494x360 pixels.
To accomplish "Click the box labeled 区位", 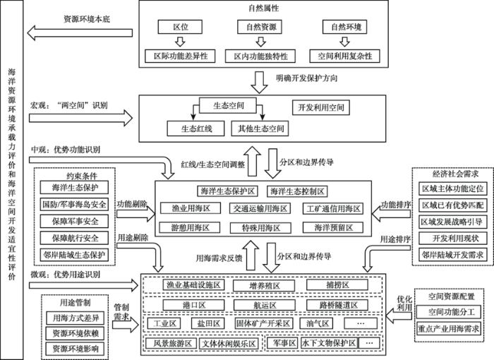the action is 180,27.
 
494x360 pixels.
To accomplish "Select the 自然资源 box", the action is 260,27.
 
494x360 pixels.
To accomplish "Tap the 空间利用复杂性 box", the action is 344,56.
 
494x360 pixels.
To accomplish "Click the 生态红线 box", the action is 195,128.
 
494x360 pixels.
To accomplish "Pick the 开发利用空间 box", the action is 320,107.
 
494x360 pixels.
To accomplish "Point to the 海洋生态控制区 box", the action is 297,191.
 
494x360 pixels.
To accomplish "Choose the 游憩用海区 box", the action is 190,227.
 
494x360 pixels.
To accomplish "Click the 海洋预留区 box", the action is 333,227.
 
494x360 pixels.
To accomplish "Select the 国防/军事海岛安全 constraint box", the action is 74,204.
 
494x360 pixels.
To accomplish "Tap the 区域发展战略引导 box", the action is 453,222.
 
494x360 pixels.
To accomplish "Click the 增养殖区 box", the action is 264,286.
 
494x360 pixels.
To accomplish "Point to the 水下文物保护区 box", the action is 329,343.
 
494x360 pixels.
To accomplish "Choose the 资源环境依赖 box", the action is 76,333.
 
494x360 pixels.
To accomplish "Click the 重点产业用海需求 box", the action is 449,329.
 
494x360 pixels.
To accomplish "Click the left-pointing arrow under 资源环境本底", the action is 80,33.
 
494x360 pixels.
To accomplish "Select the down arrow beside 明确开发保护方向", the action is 259,83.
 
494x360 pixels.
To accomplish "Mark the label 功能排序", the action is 396,205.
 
